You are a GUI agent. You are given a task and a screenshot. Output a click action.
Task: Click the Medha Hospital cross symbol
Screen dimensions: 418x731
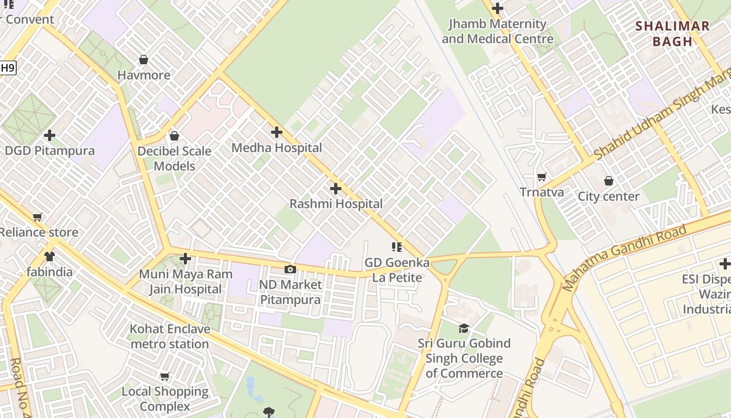[277, 132]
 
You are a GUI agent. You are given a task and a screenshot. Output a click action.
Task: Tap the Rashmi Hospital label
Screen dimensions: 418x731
[336, 204]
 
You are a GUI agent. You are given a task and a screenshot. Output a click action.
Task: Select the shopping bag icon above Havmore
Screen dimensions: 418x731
[144, 60]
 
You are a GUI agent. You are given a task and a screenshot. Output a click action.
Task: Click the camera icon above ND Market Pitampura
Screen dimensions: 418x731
[290, 269]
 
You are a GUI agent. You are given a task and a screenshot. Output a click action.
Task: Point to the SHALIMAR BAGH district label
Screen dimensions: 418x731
[673, 33]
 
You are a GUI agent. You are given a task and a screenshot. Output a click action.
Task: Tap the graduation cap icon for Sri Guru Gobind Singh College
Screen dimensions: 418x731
[464, 328]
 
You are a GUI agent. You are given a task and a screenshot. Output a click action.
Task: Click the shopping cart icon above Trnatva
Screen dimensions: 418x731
[541, 177]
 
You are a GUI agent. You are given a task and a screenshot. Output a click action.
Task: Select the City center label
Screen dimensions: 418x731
[608, 196]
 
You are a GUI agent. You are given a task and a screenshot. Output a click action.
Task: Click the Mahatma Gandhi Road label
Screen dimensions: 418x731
[624, 258]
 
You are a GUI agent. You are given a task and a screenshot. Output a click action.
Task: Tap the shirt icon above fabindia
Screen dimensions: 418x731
[50, 256]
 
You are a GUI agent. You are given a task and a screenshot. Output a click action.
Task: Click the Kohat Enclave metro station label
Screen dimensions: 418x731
[170, 336]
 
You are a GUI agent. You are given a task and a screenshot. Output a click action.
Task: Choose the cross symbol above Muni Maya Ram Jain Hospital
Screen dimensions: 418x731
[185, 259]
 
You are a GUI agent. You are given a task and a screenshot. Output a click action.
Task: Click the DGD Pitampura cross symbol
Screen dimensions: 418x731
[50, 135]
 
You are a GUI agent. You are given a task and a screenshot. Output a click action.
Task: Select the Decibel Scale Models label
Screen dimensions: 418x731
[174, 158]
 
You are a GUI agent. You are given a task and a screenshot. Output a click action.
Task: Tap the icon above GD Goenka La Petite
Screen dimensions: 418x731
[397, 247]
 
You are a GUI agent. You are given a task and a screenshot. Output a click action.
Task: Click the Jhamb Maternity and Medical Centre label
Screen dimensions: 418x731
[498, 31]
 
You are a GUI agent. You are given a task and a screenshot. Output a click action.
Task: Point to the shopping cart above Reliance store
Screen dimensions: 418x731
[37, 217]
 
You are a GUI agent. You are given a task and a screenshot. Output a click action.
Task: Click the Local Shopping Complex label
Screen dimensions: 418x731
[165, 399]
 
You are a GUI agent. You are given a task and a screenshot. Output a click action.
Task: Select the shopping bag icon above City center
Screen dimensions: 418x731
[608, 181]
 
